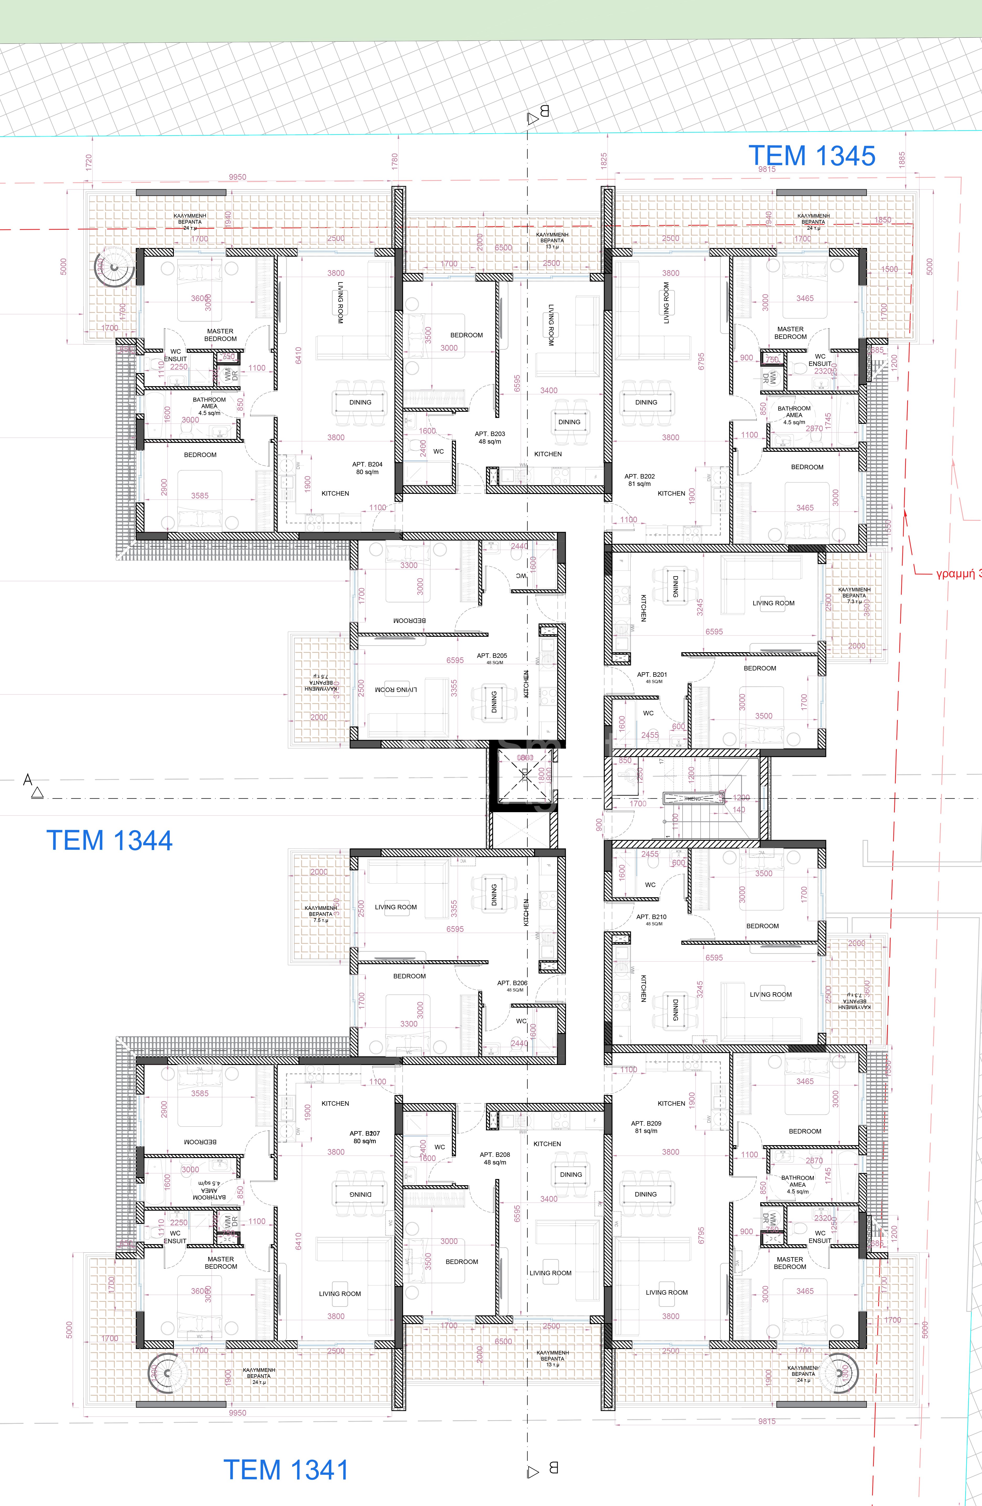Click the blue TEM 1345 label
[812, 156]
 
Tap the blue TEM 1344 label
[109, 840]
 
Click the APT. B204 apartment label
[367, 468]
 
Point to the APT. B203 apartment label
[490, 437]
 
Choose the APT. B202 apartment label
[639, 480]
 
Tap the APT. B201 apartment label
[652, 677]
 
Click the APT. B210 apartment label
[651, 919]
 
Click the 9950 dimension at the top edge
[237, 177]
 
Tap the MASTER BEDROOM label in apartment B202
[790, 333]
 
